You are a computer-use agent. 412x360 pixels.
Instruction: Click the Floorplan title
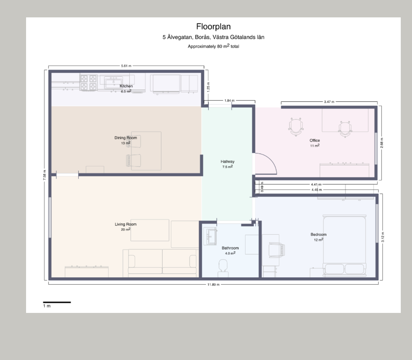tap(213, 26)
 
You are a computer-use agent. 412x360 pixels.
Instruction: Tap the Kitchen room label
tap(126, 86)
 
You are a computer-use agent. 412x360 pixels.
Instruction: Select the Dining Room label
tap(126, 138)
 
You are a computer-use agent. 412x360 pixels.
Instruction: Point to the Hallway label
tap(228, 162)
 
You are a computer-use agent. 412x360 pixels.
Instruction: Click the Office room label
tap(315, 140)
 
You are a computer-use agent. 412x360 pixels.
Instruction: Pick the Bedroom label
tap(319, 234)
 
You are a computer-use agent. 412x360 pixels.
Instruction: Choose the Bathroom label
tap(230, 248)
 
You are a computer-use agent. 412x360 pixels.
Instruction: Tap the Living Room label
tap(126, 224)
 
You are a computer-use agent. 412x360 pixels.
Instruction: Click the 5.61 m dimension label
tap(126, 66)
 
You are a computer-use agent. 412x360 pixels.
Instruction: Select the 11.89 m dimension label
tap(213, 285)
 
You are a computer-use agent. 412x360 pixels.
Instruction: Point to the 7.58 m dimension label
tap(45, 175)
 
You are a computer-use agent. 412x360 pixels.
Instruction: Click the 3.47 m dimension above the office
tap(329, 102)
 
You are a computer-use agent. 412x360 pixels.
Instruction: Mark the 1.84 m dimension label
tap(230, 100)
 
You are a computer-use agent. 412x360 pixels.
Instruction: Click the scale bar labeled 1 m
tap(57, 302)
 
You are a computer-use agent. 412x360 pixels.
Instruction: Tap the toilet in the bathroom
tap(223, 268)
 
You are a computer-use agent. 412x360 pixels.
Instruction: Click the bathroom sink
tap(211, 236)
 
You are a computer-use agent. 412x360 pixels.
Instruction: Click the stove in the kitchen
tap(88, 83)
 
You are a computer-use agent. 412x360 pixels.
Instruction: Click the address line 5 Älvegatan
tap(213, 37)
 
